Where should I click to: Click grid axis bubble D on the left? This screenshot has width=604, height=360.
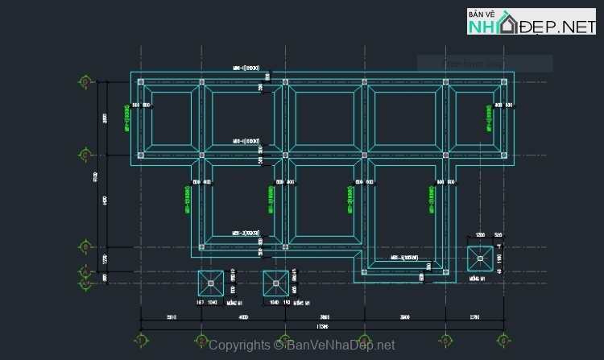(85, 81)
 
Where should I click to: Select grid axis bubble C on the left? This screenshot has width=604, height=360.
(85, 154)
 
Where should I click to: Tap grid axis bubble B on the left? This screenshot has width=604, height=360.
(85, 246)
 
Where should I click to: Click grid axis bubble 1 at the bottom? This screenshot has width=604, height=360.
(142, 339)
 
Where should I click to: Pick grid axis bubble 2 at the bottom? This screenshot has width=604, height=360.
(201, 339)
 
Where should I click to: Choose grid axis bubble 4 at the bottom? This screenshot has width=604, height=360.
(364, 339)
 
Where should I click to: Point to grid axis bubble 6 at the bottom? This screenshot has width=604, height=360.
(505, 339)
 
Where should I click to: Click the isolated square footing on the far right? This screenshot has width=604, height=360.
(481, 259)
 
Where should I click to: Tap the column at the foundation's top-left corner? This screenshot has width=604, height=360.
(141, 82)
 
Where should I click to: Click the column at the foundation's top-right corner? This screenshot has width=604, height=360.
(505, 82)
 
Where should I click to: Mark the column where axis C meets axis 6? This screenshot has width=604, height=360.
(505, 154)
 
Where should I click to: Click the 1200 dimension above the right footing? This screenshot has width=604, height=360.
(480, 235)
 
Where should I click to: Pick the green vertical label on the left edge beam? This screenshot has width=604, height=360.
(127, 118)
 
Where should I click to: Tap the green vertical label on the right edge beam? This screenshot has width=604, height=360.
(487, 118)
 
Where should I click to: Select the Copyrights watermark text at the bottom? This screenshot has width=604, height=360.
(302, 345)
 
